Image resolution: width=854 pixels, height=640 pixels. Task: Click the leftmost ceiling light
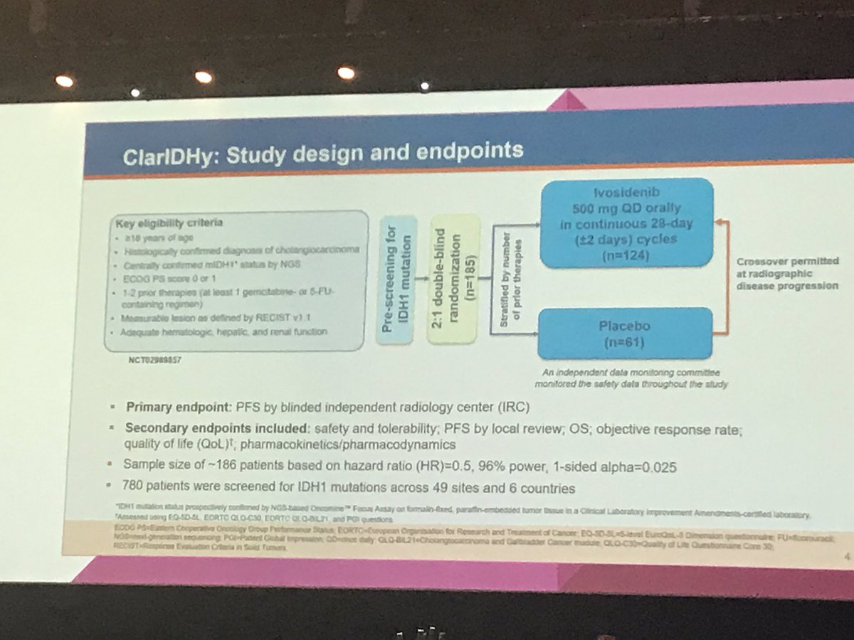[64, 81]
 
